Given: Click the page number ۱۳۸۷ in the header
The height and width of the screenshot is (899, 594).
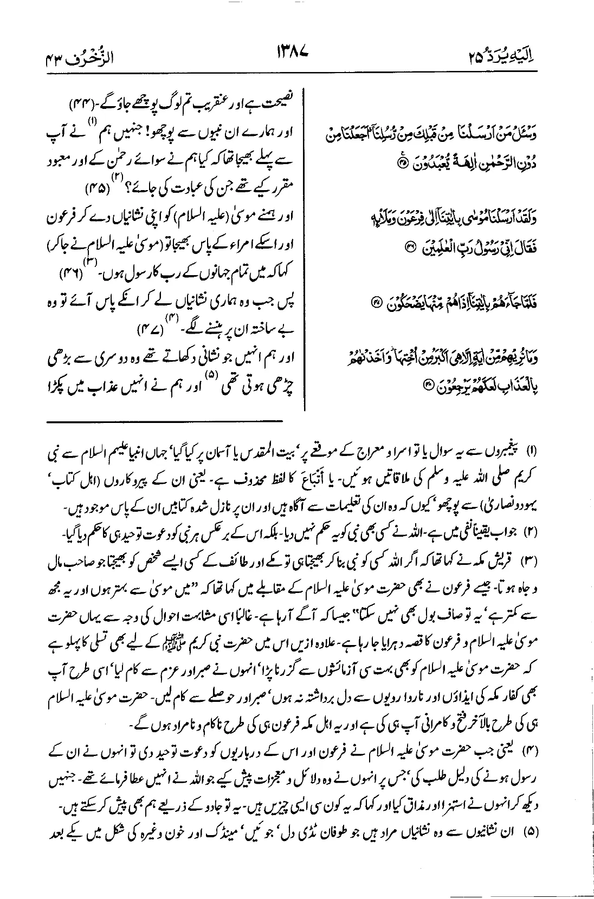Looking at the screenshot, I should (296, 53).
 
